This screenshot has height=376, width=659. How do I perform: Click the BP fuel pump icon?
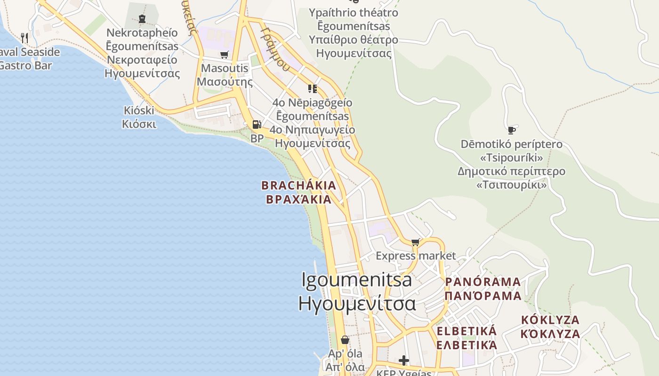257,125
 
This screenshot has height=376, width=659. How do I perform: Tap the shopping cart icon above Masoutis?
225,55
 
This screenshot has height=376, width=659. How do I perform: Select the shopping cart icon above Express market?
415,242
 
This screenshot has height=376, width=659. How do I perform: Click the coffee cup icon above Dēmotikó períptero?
512,130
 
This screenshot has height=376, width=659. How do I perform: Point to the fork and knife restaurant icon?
24,38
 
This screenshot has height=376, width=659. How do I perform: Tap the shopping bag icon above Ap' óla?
345,339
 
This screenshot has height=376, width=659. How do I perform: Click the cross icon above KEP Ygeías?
403,360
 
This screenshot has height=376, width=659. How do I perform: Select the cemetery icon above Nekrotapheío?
142,19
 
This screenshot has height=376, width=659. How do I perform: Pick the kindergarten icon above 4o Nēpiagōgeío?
312,88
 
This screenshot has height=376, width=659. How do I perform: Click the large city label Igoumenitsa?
357,280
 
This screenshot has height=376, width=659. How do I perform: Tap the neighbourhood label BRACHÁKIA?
299,185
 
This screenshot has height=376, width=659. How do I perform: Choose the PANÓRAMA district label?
483,282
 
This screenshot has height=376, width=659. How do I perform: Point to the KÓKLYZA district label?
550,320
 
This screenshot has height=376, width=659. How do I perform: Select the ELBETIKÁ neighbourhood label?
466,331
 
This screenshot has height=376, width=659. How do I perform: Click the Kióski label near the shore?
139,110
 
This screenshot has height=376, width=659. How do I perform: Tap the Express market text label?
416,256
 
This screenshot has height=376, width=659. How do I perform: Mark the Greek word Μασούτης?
225,82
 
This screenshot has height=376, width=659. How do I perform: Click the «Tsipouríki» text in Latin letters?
511,157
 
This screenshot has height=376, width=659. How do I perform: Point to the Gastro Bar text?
24,65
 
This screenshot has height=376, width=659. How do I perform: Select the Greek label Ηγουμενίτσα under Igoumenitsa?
357,304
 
